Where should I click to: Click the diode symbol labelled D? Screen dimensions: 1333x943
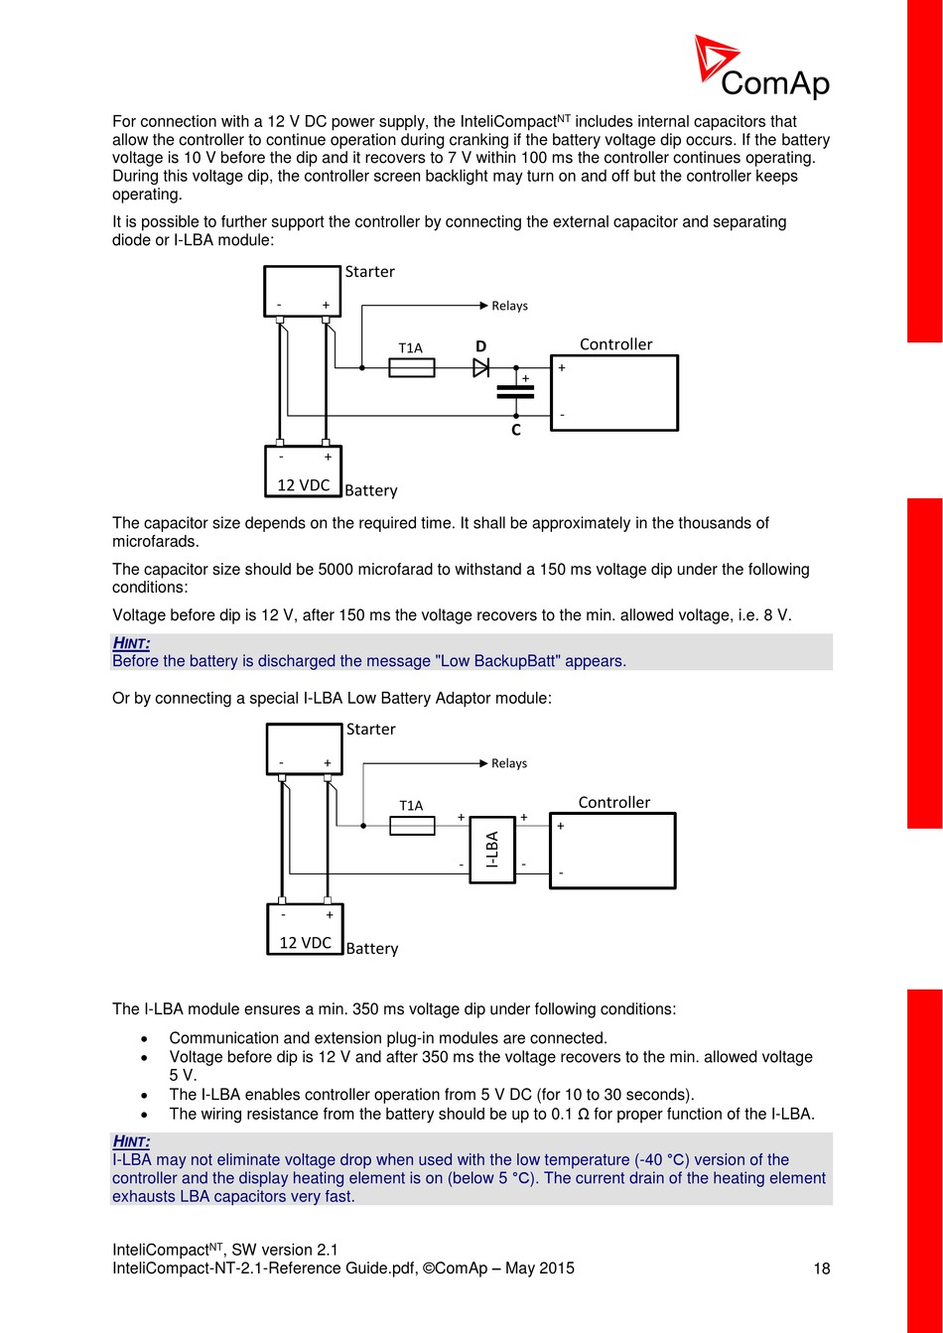click(481, 368)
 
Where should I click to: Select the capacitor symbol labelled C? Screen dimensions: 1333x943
click(516, 391)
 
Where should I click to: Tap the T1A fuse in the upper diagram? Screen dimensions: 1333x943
click(411, 368)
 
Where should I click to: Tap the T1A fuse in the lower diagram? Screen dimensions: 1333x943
click(412, 826)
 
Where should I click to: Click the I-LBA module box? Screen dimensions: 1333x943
click(492, 850)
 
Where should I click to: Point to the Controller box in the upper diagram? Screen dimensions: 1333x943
click(614, 393)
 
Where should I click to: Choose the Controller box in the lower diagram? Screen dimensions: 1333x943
click(612, 851)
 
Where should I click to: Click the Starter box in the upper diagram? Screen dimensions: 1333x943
click(303, 291)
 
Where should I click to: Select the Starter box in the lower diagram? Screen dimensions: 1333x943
click(304, 748)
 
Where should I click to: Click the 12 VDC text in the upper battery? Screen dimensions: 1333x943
click(304, 485)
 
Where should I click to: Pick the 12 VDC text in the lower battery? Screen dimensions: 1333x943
click(306, 943)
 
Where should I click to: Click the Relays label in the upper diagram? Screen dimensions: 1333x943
click(510, 306)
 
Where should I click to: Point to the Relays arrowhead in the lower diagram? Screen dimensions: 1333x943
click(483, 763)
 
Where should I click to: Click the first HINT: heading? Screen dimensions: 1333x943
click(131, 643)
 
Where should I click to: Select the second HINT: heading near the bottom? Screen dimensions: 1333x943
click(131, 1141)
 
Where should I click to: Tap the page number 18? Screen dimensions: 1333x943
click(822, 1268)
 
